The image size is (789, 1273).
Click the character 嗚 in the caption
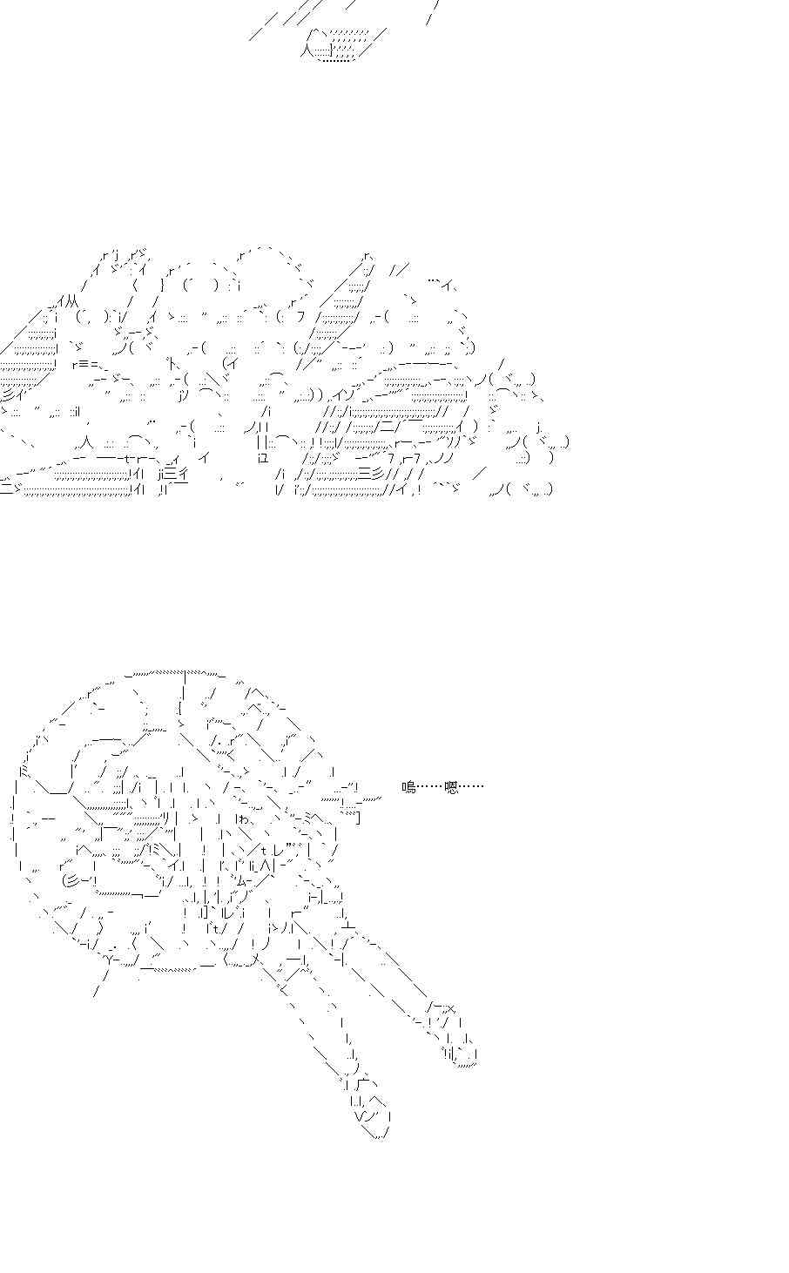coord(408,788)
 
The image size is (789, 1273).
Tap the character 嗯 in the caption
coord(451,788)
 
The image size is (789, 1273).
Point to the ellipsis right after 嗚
coord(429,788)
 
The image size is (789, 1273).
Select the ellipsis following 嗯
coord(471,788)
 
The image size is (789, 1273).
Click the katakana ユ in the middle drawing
coord(263,458)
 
